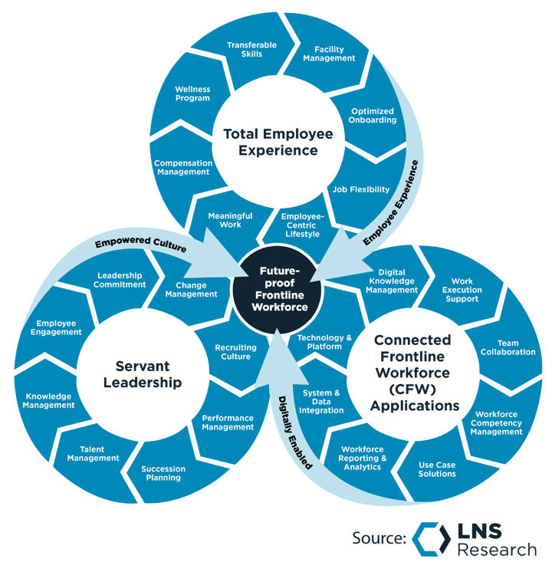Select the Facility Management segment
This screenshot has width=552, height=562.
tap(329, 54)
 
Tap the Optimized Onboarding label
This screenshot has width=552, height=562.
tap(373, 115)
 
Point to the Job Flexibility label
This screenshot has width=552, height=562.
tap(360, 189)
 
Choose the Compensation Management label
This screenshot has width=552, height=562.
tap(182, 167)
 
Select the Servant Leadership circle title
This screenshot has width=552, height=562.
tap(148, 374)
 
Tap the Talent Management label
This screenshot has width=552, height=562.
tap(93, 454)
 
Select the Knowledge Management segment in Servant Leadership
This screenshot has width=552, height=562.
tap(48, 401)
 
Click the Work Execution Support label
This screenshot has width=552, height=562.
tap(462, 290)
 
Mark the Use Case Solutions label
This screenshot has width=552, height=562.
tap(437, 469)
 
